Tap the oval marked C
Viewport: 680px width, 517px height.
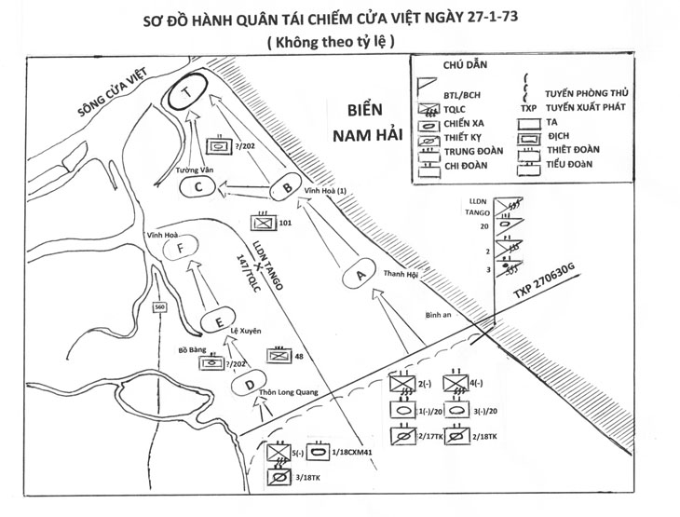point(198,188)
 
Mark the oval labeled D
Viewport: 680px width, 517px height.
point(248,384)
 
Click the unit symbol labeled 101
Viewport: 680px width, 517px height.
point(262,224)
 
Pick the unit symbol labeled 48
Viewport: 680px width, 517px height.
point(279,355)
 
